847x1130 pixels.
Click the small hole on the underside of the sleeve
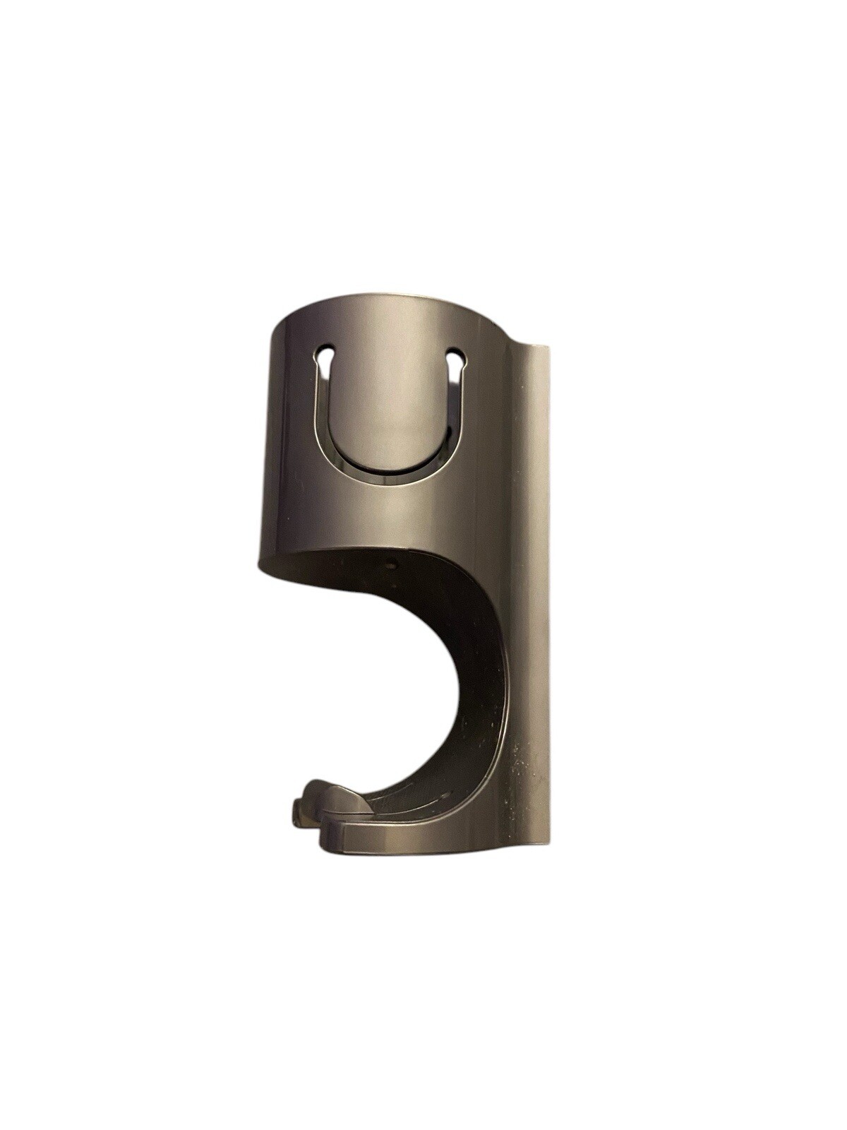[x=390, y=564]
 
